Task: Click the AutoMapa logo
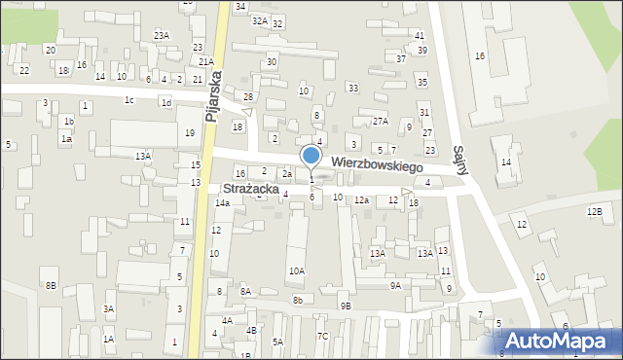tap(563, 340)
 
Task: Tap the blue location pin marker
tap(311, 157)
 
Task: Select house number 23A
tap(162, 35)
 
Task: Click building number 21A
tap(206, 61)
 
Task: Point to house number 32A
tap(259, 20)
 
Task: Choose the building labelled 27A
tap(380, 122)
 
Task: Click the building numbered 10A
tap(296, 271)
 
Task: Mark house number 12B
tap(594, 211)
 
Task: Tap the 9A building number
tap(395, 286)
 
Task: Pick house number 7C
tap(323, 336)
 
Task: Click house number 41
tap(419, 35)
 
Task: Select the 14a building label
tap(222, 203)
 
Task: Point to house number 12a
tap(360, 200)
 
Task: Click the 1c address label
tap(128, 99)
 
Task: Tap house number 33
tap(352, 89)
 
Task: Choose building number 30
tap(272, 62)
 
